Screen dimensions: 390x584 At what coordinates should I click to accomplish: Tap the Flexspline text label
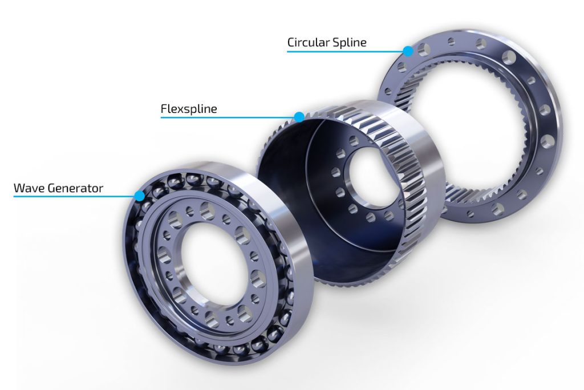pos(189,108)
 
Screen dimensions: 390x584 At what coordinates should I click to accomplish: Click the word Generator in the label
pos(78,188)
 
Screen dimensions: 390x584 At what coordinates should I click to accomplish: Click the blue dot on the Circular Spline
pos(408,51)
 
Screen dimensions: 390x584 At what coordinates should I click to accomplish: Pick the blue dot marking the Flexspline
pos(299,117)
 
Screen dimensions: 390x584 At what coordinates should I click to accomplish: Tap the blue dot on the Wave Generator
pos(139,196)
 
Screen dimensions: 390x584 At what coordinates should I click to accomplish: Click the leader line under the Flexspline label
pos(228,117)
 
